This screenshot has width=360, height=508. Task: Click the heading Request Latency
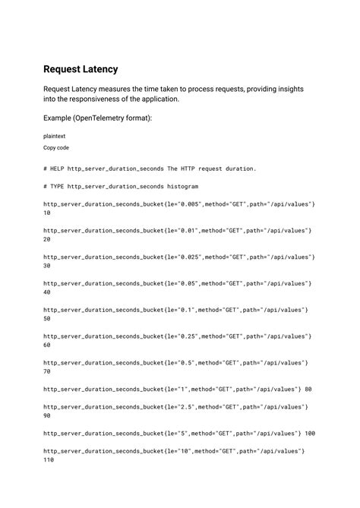[x=81, y=69]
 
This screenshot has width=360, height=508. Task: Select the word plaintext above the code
[x=55, y=134]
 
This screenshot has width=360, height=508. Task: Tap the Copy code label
[x=56, y=147]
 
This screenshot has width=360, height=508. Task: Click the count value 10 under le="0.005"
[x=47, y=213]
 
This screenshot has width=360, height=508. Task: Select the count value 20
[x=47, y=239]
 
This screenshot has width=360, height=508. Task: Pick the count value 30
[x=47, y=266]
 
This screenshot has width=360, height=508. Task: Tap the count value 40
[x=47, y=292]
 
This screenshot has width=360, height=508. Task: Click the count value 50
[x=47, y=319]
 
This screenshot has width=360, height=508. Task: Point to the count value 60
[x=47, y=345]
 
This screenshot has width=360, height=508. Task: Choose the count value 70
[x=47, y=372]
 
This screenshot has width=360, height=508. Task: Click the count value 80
[x=308, y=390]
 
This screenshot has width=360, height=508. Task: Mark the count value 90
[x=47, y=416]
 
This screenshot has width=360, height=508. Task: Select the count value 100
[x=310, y=434]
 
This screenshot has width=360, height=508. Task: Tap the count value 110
[x=49, y=460]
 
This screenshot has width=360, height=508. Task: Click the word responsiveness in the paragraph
[x=100, y=99]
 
